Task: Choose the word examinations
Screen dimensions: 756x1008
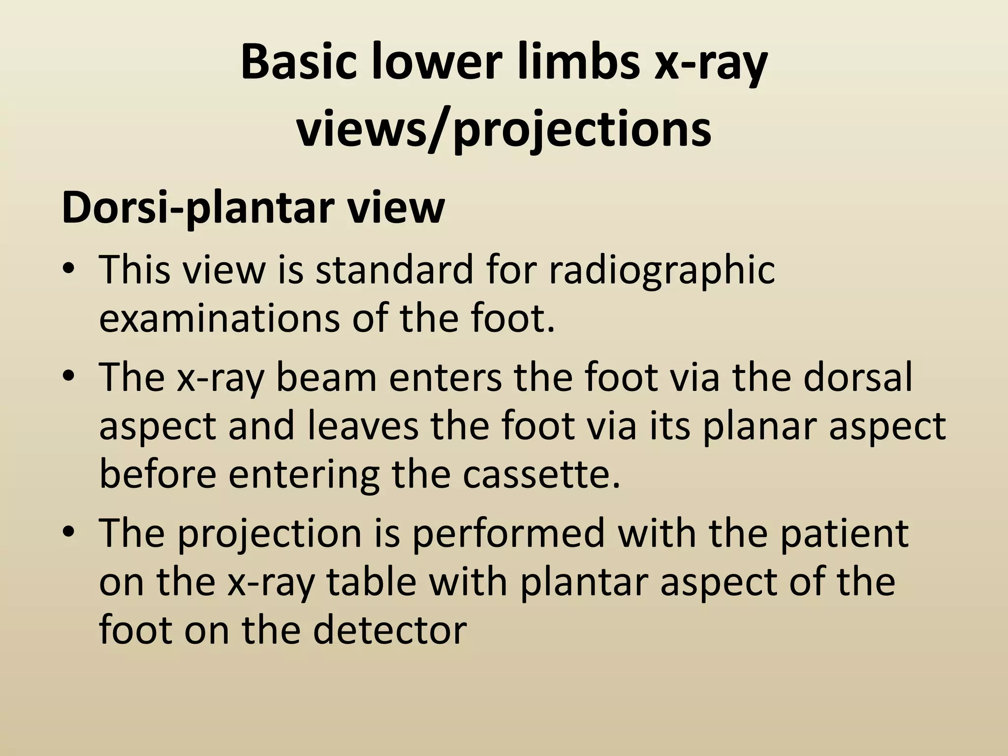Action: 219,318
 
